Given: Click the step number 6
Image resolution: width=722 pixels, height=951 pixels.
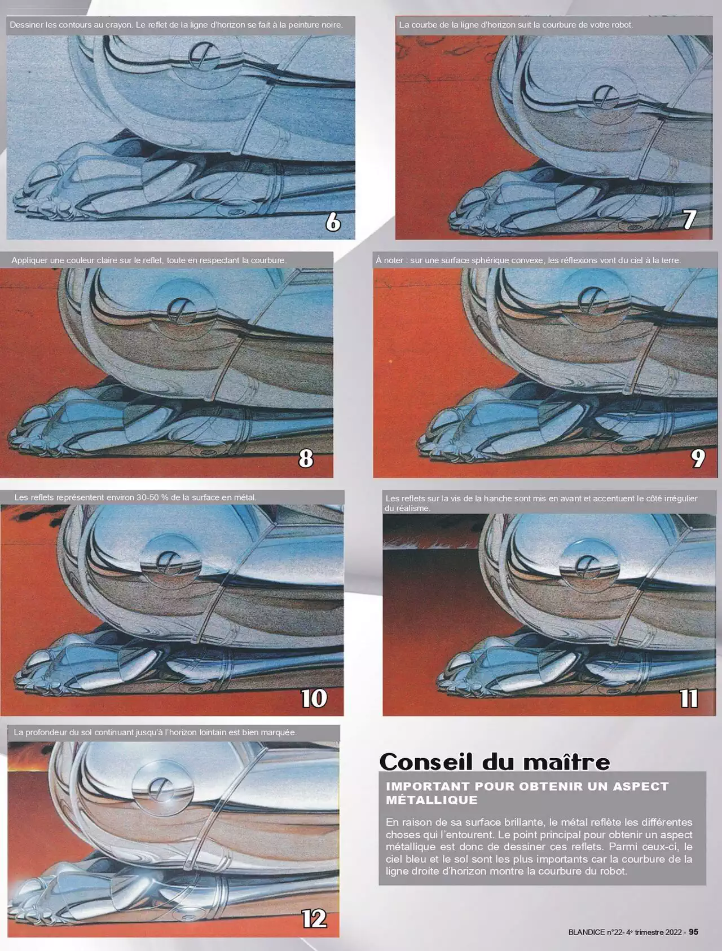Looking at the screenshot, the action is [x=333, y=222].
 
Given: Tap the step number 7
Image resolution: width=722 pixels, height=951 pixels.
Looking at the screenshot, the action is [x=689, y=219].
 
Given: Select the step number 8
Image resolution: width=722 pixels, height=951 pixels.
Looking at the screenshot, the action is [x=306, y=458].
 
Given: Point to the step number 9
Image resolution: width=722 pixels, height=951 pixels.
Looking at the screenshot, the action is [x=698, y=458].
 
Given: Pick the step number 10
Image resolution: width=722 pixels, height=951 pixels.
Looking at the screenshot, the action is [x=314, y=698].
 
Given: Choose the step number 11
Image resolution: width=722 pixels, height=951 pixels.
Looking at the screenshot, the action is [x=689, y=698].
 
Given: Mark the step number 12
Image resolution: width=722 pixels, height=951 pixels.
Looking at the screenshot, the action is [x=314, y=919].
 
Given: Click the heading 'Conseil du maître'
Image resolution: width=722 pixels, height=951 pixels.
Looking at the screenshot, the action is [x=495, y=762].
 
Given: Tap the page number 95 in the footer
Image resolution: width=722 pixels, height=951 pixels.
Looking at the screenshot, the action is [x=693, y=932].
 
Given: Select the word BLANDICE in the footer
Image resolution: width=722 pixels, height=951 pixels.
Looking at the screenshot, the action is [x=586, y=932].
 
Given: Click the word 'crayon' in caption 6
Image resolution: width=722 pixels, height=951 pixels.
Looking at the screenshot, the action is [x=118, y=25].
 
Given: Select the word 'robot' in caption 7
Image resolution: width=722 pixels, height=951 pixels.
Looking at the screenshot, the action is [x=621, y=25].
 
